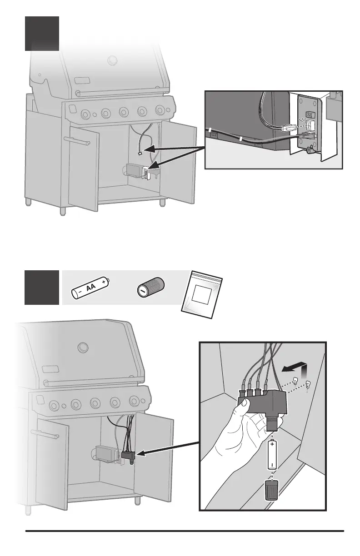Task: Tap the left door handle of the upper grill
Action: pyautogui.click(x=76, y=141)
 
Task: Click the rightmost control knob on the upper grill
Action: pyautogui.click(x=160, y=110)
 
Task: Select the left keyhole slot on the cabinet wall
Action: pyautogui.click(x=295, y=381)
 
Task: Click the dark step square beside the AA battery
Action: pyautogui.click(x=42, y=287)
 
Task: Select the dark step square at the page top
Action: pyautogui.click(x=42, y=33)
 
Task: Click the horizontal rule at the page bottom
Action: pyautogui.click(x=185, y=530)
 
